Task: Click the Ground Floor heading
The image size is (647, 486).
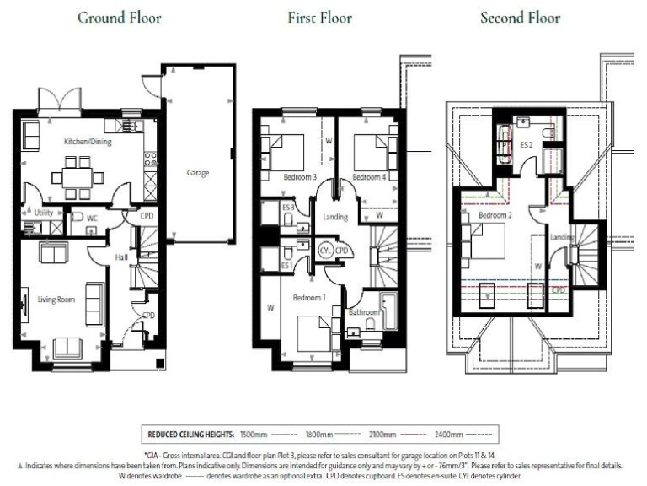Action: pos(120,18)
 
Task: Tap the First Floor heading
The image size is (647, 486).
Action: pos(319,18)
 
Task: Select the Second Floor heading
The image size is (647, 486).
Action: pos(520,18)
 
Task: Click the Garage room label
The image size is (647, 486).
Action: pos(197,173)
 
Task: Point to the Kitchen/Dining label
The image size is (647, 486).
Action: pos(88,142)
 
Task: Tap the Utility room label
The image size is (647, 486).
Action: pos(44,213)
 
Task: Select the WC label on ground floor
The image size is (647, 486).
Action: pos(93,218)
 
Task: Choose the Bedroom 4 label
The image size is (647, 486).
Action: pos(370,177)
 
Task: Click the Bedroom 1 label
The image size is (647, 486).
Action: pos(309,298)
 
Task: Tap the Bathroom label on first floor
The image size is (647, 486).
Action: pos(365,312)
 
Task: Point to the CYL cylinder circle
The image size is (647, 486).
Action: pos(326,251)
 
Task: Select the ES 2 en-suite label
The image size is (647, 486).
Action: pos(527,145)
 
